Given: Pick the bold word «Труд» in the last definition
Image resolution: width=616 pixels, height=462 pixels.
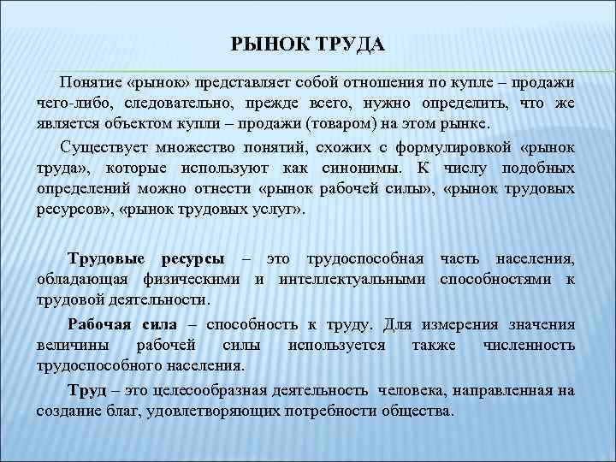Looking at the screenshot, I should [86, 391].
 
